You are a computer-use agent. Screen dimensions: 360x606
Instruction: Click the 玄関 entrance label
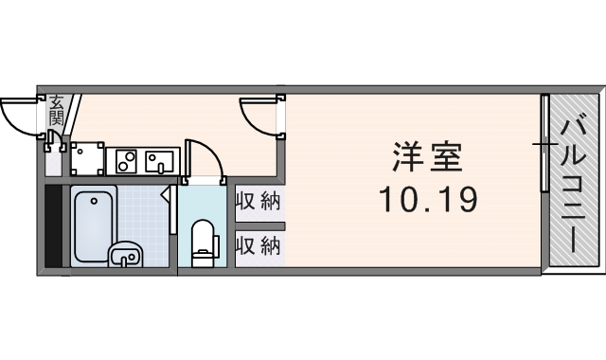click(57, 110)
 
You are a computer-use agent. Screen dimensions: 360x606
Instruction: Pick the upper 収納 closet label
click(258, 202)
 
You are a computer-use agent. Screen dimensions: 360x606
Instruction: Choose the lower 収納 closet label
click(258, 246)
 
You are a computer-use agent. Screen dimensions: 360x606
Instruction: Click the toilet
click(203, 242)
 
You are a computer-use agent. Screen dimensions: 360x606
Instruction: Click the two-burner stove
click(127, 160)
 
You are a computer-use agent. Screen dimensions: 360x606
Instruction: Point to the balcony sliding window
click(545, 144)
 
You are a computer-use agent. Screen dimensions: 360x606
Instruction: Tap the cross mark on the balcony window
click(545, 144)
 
